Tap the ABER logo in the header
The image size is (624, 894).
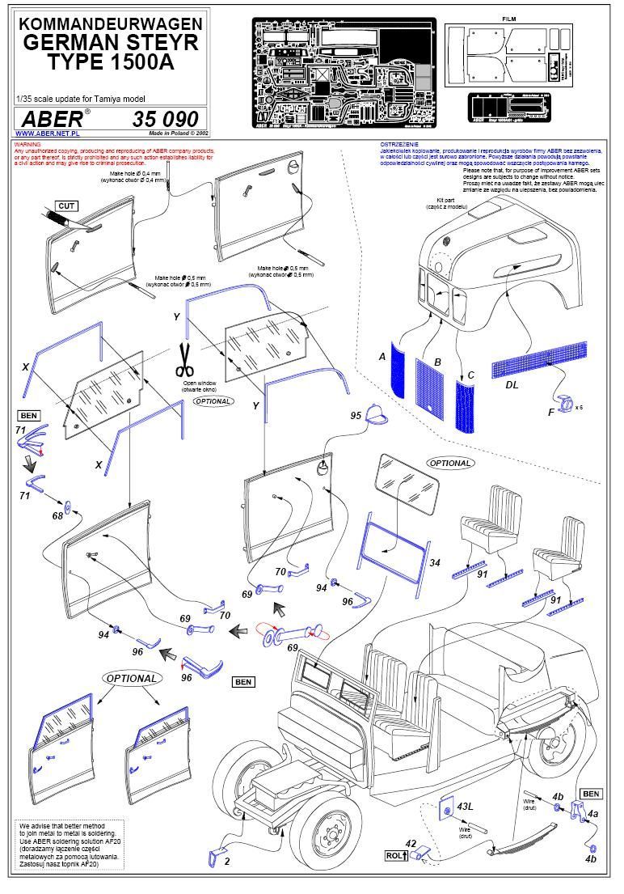(50, 118)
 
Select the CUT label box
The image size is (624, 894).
(66, 206)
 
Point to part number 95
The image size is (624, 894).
(356, 414)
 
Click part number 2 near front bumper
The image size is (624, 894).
(227, 862)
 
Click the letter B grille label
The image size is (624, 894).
(437, 362)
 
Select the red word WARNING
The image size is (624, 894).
(27, 145)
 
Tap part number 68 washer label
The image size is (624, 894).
(57, 515)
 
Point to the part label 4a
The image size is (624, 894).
(592, 815)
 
